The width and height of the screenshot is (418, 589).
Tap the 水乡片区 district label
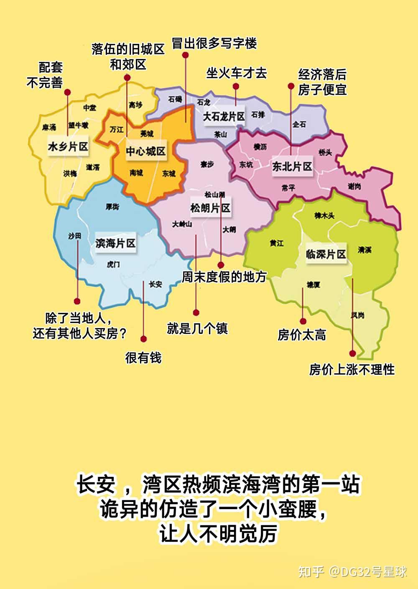pyautogui.click(x=68, y=146)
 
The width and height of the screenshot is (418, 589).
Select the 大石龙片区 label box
pyautogui.click(x=224, y=117)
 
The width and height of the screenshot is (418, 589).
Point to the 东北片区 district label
pyautogui.click(x=292, y=166)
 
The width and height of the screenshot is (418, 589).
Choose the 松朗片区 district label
pyautogui.click(x=210, y=208)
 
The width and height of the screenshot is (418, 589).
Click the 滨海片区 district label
pyautogui.click(x=115, y=243)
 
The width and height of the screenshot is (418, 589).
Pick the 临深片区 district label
pyautogui.click(x=326, y=254)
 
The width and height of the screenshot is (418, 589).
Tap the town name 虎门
pyautogui.click(x=113, y=264)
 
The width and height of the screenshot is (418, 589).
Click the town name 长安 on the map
pyautogui.click(x=155, y=284)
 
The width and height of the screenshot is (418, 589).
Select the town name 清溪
pyautogui.click(x=364, y=250)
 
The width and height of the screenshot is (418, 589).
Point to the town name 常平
pyautogui.click(x=288, y=188)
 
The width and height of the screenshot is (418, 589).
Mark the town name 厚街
pyautogui.click(x=112, y=207)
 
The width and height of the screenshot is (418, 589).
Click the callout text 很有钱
pyautogui.click(x=143, y=358)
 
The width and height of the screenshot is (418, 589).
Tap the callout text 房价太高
pyautogui.click(x=301, y=335)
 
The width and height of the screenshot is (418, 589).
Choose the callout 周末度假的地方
pyautogui.click(x=224, y=277)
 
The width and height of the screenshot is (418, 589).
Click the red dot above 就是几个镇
pyautogui.click(x=196, y=312)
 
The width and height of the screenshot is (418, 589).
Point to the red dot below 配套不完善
pyautogui.click(x=67, y=92)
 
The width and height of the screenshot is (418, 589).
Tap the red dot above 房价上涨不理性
pyautogui.click(x=352, y=353)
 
